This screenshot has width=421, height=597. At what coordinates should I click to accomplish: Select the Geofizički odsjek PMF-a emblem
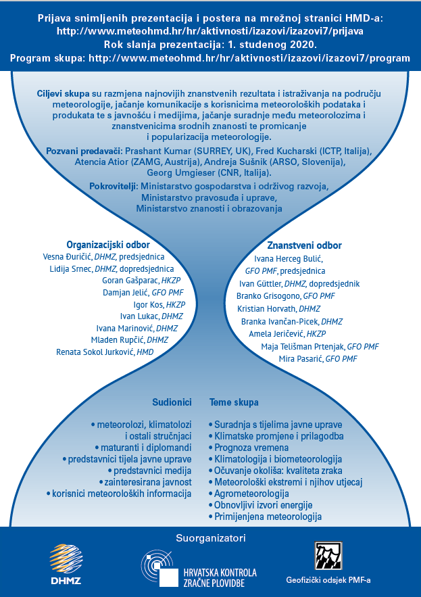tap(328, 556)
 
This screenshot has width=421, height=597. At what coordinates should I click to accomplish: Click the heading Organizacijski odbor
tap(108, 245)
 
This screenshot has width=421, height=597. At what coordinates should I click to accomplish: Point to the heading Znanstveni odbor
tap(304, 245)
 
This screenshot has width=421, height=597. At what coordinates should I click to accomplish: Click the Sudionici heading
tap(172, 402)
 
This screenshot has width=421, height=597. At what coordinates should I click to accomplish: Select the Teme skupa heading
tap(234, 402)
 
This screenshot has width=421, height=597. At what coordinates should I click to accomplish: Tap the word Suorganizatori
tap(211, 538)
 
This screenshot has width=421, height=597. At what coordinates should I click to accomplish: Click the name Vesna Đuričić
tap(67, 257)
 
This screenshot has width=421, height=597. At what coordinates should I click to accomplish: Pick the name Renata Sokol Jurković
tap(95, 352)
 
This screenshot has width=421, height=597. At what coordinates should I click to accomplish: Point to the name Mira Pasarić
tap(300, 358)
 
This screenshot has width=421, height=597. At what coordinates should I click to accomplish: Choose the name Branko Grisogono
tap(268, 296)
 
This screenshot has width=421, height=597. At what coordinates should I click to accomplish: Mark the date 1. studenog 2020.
tap(271, 45)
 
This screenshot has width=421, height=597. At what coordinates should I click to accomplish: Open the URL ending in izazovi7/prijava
tap(210, 31)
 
